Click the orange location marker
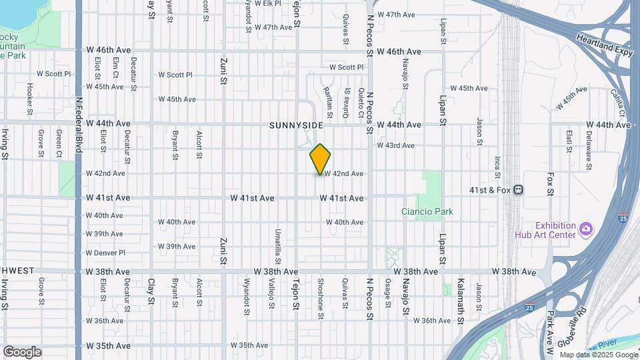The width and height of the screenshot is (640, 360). coord(320,159)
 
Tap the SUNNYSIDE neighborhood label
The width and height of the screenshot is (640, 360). coord(296,125)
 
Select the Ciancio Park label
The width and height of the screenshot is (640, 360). coord(427,211)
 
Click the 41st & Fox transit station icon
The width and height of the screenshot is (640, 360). coord(518,190)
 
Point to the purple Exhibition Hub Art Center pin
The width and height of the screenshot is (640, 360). coord(586,229)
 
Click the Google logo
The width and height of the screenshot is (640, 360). coord(22,352)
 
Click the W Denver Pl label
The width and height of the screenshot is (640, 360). coord(105,253)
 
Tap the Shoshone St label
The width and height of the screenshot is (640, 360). coord(321,293)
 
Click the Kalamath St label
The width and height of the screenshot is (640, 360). coord(459,293)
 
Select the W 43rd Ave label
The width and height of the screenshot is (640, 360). coord(395,145)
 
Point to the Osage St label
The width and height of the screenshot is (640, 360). coord(387,293)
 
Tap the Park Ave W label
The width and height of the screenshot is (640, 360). coord(551,327)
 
